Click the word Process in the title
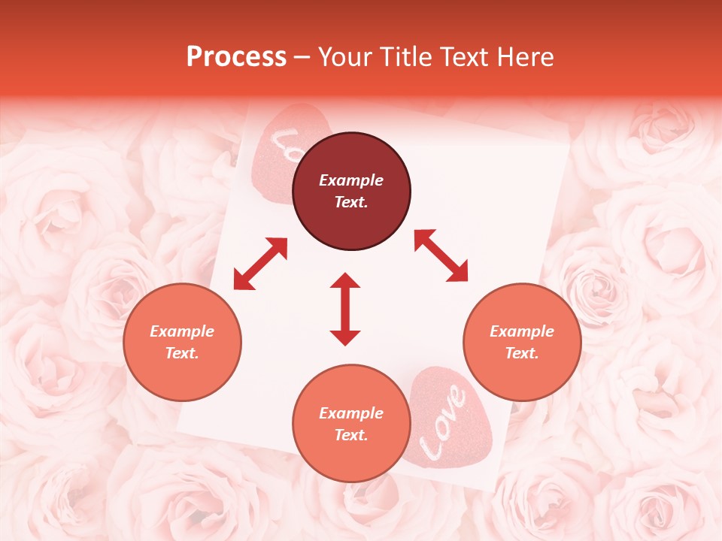pyautogui.click(x=236, y=57)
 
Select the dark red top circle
pyautogui.click(x=351, y=191)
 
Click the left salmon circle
pyautogui.click(x=182, y=342)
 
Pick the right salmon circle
pyautogui.click(x=522, y=342)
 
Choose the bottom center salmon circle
pyautogui.click(x=351, y=424)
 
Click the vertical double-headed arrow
pyautogui.click(x=345, y=309)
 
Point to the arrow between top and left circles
pyautogui.click(x=260, y=264)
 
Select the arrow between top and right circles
pyautogui.click(x=441, y=255)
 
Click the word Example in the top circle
pyautogui.click(x=351, y=180)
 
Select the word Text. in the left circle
pyautogui.click(x=182, y=353)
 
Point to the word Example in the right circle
pyautogui.click(x=522, y=331)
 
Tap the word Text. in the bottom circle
pyautogui.click(x=351, y=435)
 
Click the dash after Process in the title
pyautogui.click(x=302, y=58)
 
